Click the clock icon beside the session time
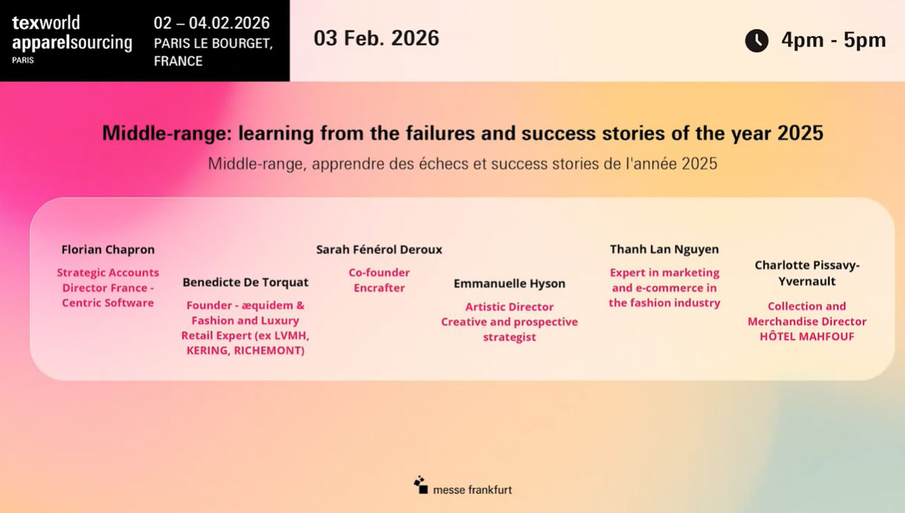coord(756,41)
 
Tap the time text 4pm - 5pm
coord(833,40)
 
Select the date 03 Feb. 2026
coord(376,38)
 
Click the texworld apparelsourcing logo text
coord(72,33)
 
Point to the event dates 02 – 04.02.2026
coord(211,23)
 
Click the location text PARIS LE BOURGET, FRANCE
coord(213,52)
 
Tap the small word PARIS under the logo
coord(23,60)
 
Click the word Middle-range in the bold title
coord(167,134)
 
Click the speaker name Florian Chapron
coord(108,250)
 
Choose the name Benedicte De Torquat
coord(245,282)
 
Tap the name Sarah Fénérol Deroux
coord(379,250)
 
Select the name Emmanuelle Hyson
coord(509,284)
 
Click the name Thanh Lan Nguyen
coord(664,249)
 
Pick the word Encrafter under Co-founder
coord(379,288)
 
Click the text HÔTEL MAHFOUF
coord(807,336)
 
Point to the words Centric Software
coord(108,303)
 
